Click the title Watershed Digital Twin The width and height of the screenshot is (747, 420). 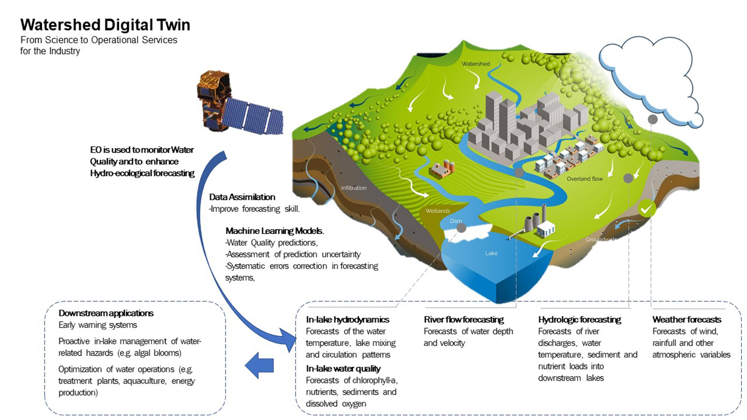[105, 24]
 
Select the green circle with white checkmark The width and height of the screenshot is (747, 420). [646, 209]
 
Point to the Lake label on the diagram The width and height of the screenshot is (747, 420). [491, 253]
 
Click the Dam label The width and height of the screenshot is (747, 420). [456, 221]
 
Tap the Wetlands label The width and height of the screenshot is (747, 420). [438, 211]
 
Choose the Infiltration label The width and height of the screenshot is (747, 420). [354, 188]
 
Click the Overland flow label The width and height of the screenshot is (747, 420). [584, 179]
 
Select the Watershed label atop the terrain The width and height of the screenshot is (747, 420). [476, 64]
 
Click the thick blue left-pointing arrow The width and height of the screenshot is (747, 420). [259, 365]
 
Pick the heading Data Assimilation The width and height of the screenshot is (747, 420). [242, 197]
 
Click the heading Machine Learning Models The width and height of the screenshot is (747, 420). [275, 231]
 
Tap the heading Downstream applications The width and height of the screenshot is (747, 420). [106, 313]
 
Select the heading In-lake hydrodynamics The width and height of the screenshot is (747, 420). [347, 320]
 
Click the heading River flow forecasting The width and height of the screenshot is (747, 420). [464, 320]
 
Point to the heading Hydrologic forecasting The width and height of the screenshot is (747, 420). [580, 320]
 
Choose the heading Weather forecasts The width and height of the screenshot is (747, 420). [687, 320]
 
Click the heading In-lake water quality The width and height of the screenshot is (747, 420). [343, 369]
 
